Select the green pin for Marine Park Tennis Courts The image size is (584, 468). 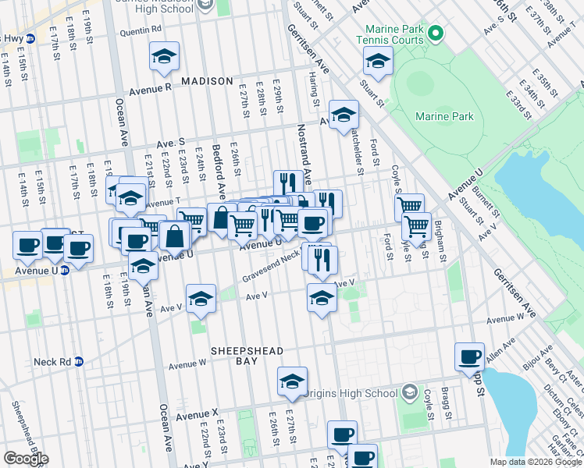[436, 33]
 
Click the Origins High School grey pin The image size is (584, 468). [408, 392]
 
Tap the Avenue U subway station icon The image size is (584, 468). [65, 271]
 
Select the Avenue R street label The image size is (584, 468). [145, 88]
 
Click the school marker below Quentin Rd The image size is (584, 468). [165, 57]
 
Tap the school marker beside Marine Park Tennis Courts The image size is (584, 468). [377, 62]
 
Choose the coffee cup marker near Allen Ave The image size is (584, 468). [470, 356]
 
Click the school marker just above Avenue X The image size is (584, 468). [292, 381]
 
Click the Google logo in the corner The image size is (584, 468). [26, 459]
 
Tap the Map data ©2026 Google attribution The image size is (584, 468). [535, 462]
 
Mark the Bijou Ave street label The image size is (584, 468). [533, 361]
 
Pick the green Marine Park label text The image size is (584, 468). [443, 117]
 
